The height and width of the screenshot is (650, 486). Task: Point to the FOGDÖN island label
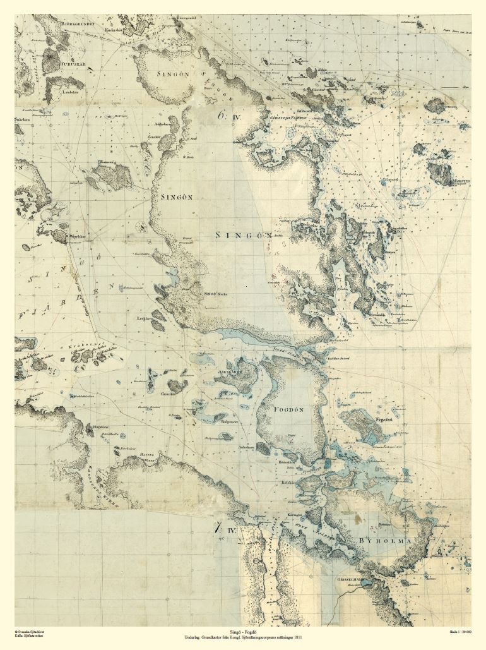(289, 409)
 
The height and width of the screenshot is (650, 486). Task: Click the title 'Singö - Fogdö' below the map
(243, 631)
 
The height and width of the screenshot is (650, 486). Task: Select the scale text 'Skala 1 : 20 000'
(461, 632)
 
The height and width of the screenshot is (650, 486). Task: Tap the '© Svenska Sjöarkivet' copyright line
(29, 631)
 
